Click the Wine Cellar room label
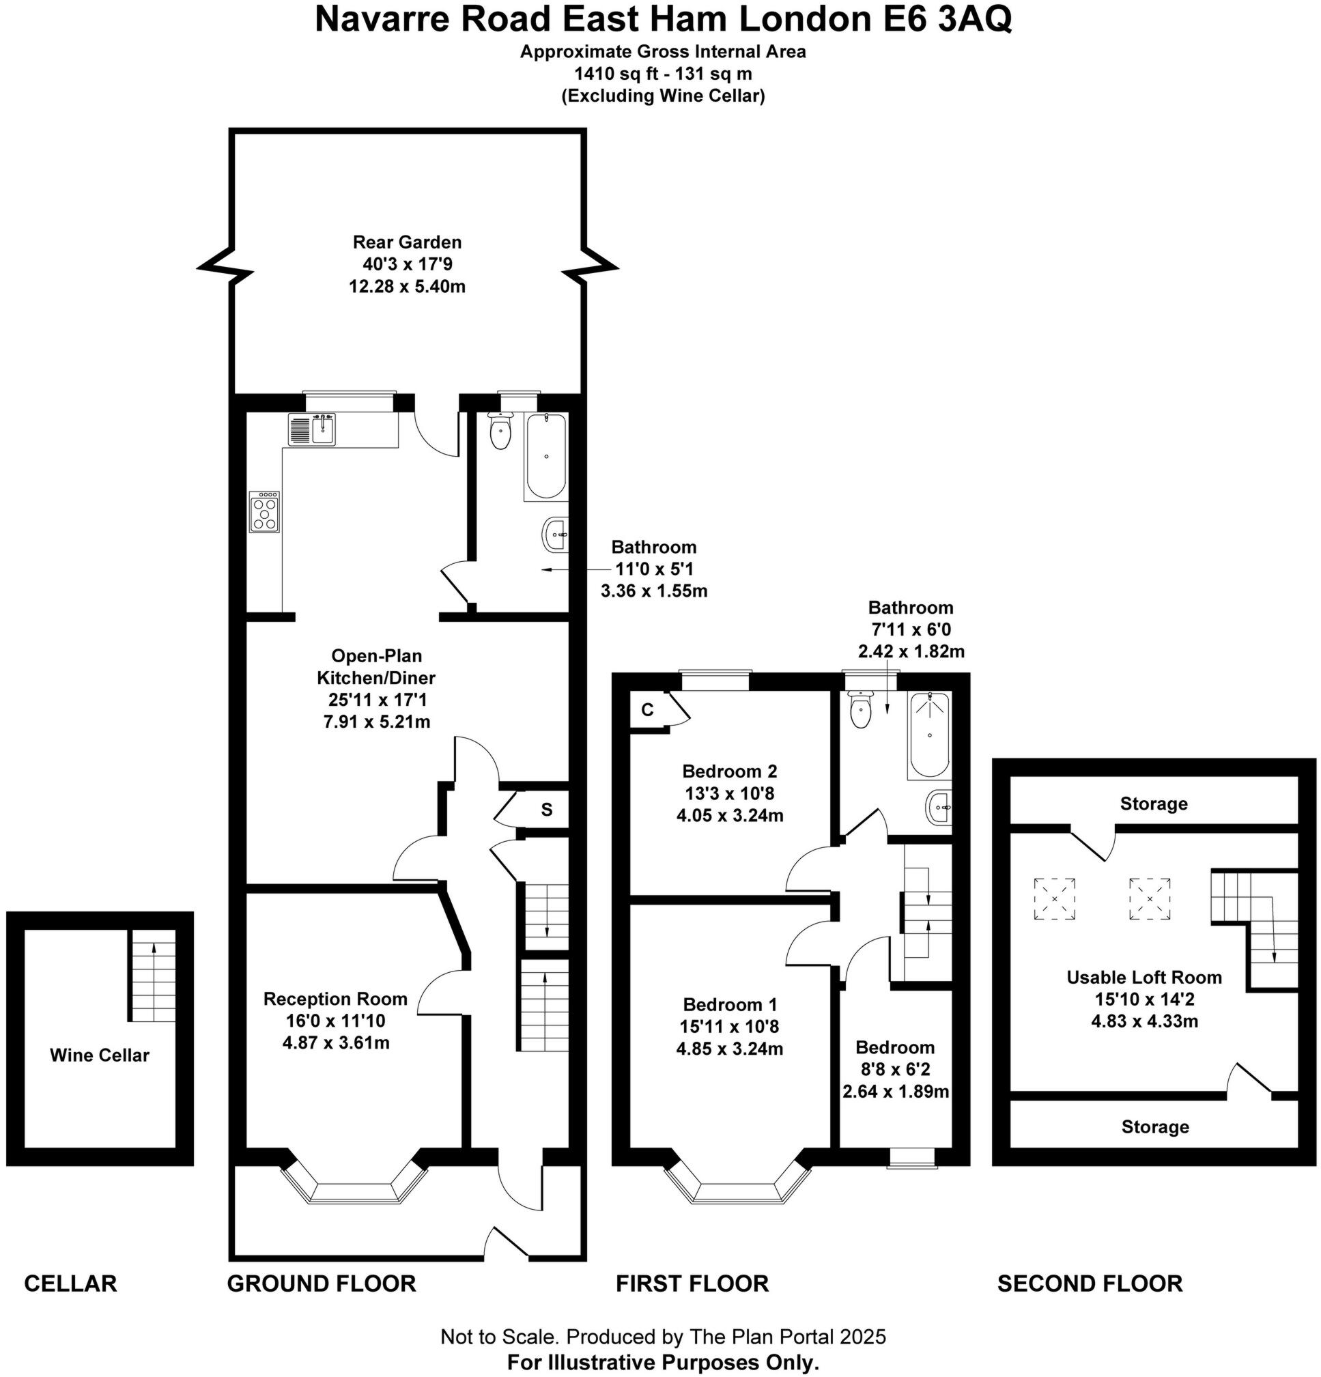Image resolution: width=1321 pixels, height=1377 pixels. pos(99,1055)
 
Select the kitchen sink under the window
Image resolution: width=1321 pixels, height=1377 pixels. pos(313,429)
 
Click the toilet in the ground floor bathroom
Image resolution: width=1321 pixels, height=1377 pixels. pos(500,431)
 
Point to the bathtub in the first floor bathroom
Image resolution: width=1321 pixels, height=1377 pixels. pos(929,735)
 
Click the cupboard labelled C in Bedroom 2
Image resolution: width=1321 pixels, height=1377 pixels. pos(647,710)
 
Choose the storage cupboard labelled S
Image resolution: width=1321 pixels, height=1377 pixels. pos(546,810)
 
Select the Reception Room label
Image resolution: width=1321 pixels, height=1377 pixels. pos(335,998)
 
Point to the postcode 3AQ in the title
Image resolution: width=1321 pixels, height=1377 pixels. pos(974,19)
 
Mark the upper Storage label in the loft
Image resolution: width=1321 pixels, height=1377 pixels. pos(1153,804)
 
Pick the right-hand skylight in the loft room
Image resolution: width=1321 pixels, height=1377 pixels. pos(1150,898)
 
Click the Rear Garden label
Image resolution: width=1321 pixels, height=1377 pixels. pos(407,242)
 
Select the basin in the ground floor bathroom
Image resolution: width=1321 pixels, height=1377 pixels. pos(554,535)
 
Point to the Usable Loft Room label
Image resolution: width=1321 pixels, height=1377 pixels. pos(1144,977)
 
